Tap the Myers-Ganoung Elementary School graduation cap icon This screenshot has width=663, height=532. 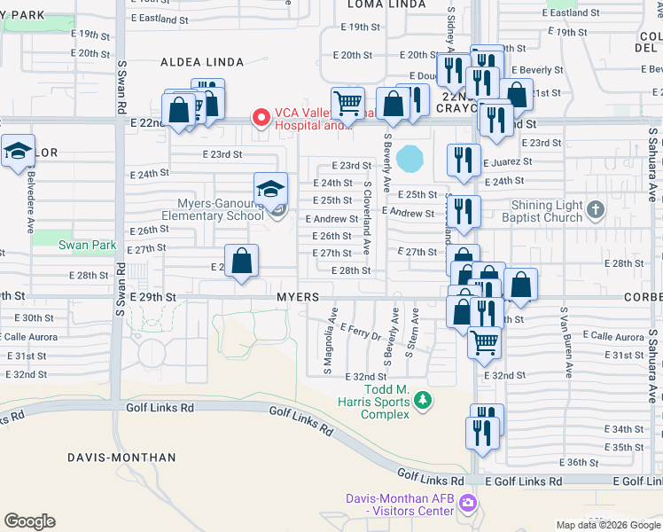pyautogui.click(x=270, y=189)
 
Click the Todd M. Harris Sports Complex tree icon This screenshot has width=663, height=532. pyautogui.click(x=424, y=401)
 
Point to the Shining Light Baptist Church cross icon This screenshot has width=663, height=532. pyautogui.click(x=596, y=210)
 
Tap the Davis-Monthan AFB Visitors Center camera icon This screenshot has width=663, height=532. pyautogui.click(x=468, y=505)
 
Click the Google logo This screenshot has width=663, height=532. pyautogui.click(x=29, y=521)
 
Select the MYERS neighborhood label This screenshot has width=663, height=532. pyautogui.click(x=297, y=297)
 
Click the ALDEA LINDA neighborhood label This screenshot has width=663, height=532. pyautogui.click(x=195, y=63)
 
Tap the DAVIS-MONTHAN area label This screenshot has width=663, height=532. pyautogui.click(x=121, y=458)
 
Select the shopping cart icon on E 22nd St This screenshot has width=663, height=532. pyautogui.click(x=347, y=104)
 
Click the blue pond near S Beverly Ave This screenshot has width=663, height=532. pyautogui.click(x=409, y=160)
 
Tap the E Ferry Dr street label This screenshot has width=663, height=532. pyautogui.click(x=360, y=332)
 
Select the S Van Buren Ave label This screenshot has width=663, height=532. pyautogui.click(x=562, y=337)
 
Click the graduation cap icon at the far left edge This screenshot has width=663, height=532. pyautogui.click(x=17, y=152)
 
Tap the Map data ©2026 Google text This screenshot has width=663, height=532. pyautogui.click(x=607, y=525)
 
